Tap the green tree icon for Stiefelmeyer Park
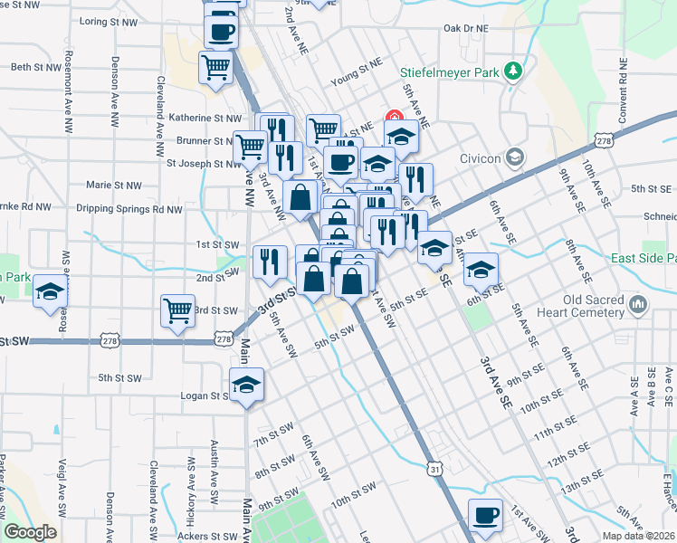click(513, 70)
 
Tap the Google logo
click(30, 533)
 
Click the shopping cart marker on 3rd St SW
click(178, 310)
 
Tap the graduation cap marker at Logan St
click(246, 384)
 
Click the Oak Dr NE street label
click(465, 28)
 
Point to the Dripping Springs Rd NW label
click(129, 208)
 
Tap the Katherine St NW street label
click(205, 118)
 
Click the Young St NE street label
click(352, 81)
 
